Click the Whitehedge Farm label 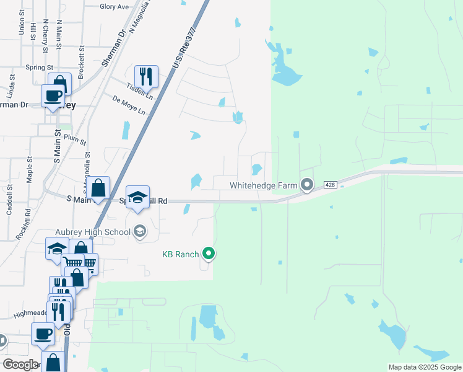264,185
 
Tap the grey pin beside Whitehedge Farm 307,184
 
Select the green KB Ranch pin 209,254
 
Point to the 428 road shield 330,185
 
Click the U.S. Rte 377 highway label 185,48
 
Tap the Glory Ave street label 115,7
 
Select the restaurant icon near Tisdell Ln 146,76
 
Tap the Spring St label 39,67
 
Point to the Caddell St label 10,199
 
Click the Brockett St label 81,58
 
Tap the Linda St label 11,86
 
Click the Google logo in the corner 20,365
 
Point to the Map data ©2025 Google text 425,368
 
